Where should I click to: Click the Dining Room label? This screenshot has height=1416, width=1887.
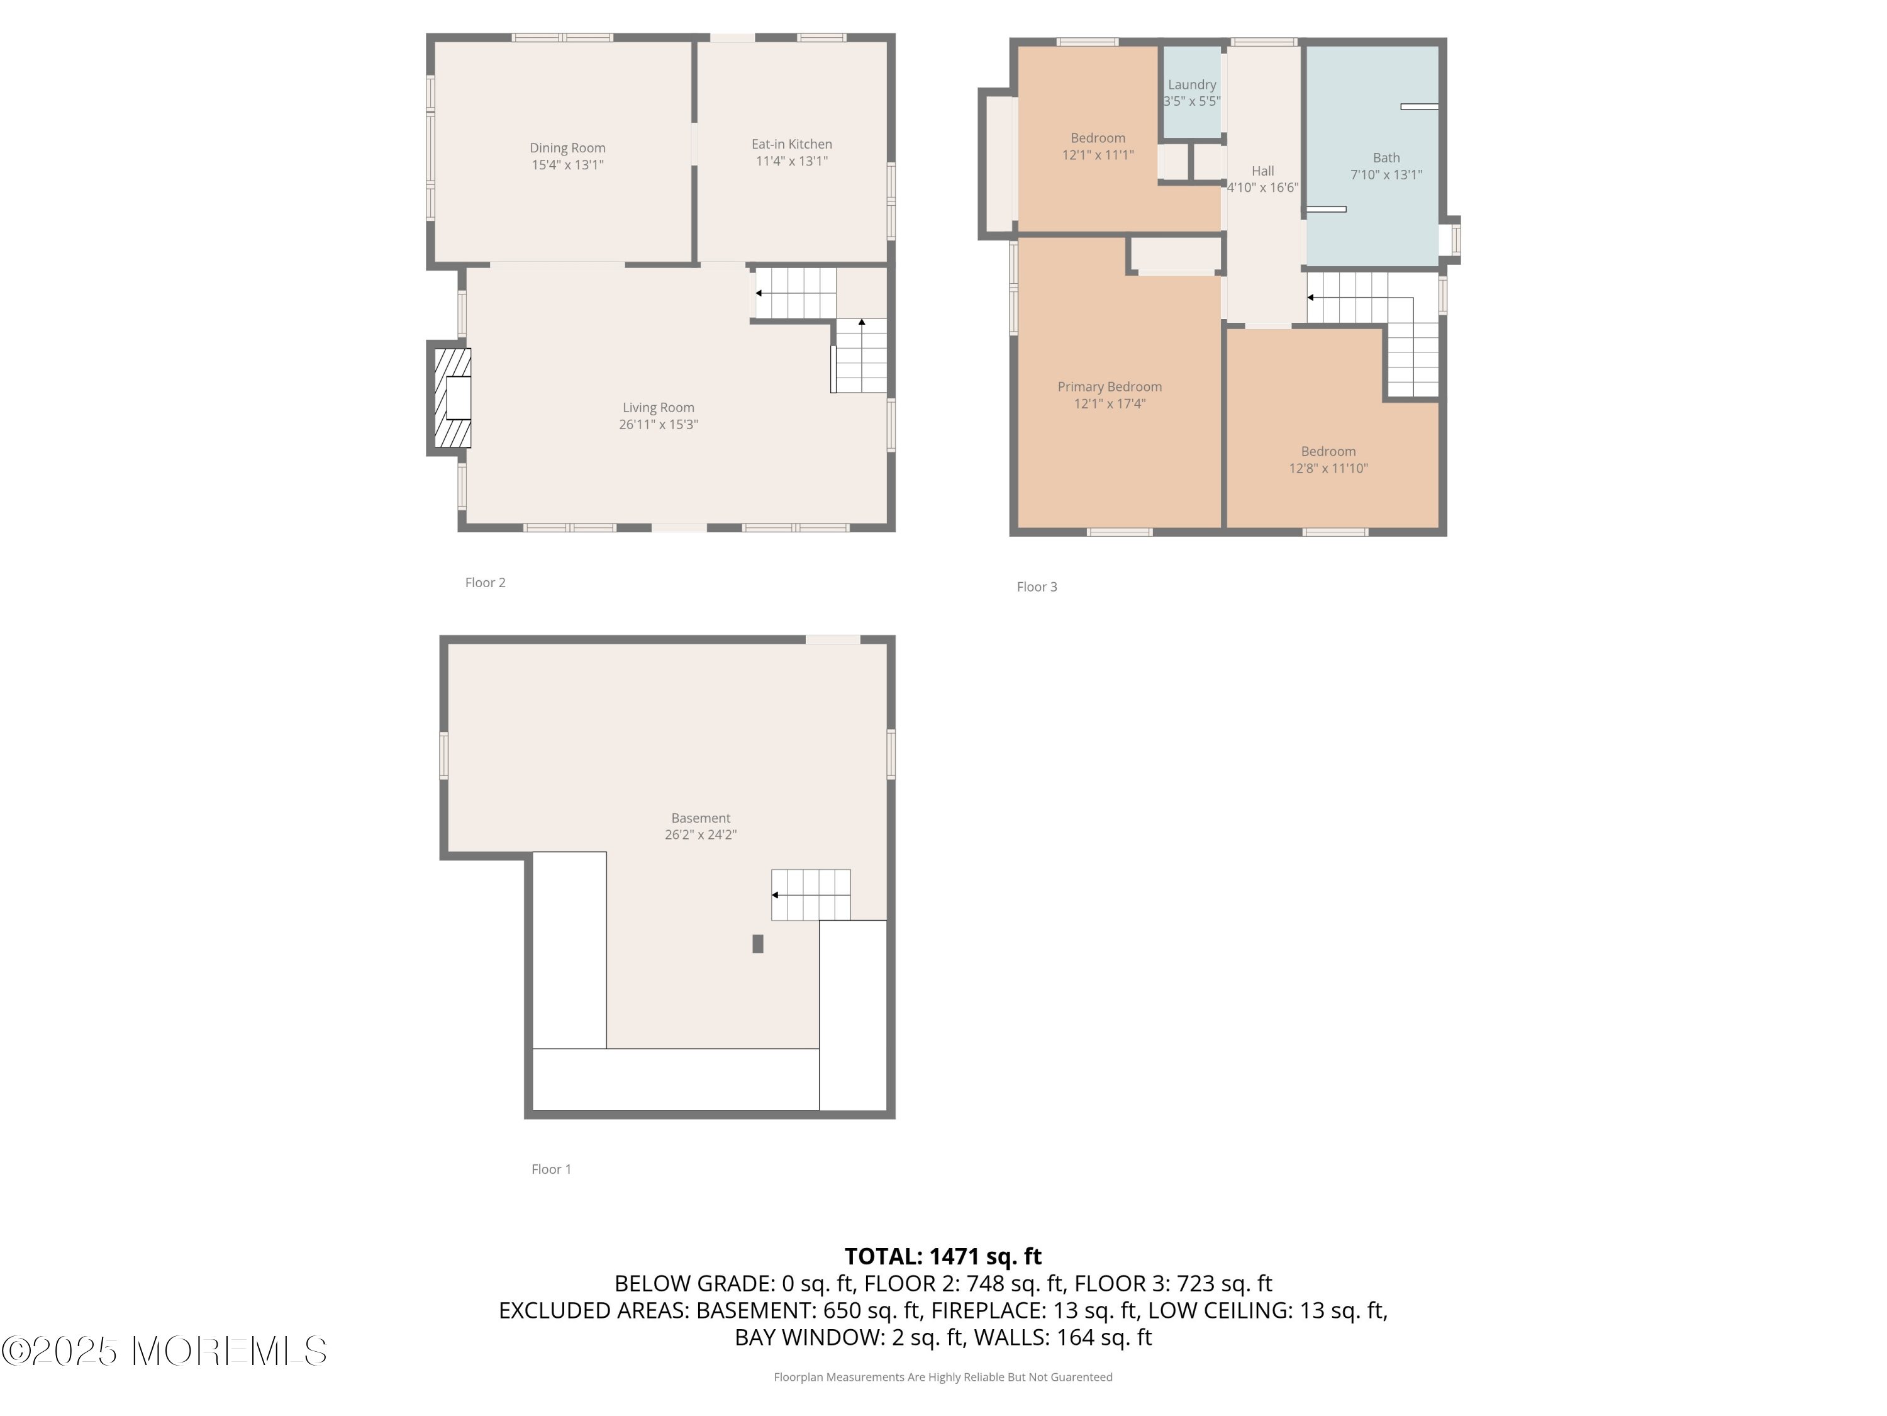pyautogui.click(x=567, y=148)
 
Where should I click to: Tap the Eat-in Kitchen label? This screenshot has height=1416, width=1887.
pyautogui.click(x=792, y=144)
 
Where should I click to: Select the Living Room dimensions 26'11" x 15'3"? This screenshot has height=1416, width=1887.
pyautogui.click(x=659, y=424)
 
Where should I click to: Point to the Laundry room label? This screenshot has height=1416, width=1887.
pyautogui.click(x=1192, y=84)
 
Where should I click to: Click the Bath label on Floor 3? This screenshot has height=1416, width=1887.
pyautogui.click(x=1386, y=157)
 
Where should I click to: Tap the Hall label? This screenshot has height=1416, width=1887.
pyautogui.click(x=1262, y=171)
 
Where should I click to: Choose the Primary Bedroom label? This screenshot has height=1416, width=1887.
pyautogui.click(x=1110, y=386)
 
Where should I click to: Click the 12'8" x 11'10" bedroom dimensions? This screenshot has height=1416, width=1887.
pyautogui.click(x=1328, y=468)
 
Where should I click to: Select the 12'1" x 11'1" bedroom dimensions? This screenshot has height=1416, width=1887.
pyautogui.click(x=1098, y=154)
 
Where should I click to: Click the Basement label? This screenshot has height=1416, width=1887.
pyautogui.click(x=700, y=818)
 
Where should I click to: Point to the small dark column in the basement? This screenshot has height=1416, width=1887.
pyautogui.click(x=757, y=943)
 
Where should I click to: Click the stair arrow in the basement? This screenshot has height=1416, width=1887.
pyautogui.click(x=810, y=894)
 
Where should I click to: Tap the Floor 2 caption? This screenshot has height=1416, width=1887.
pyautogui.click(x=486, y=582)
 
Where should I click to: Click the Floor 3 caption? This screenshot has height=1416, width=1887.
pyautogui.click(x=1037, y=587)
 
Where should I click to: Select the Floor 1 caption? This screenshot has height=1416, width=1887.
pyautogui.click(x=551, y=1169)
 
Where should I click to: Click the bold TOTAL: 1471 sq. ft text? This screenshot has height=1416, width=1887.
pyautogui.click(x=943, y=1256)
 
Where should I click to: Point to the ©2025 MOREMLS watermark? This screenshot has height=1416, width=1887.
pyautogui.click(x=164, y=1351)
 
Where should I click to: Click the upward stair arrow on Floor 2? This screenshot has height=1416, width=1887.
pyautogui.click(x=862, y=355)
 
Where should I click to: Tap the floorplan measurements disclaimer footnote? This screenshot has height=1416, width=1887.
pyautogui.click(x=943, y=1376)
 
